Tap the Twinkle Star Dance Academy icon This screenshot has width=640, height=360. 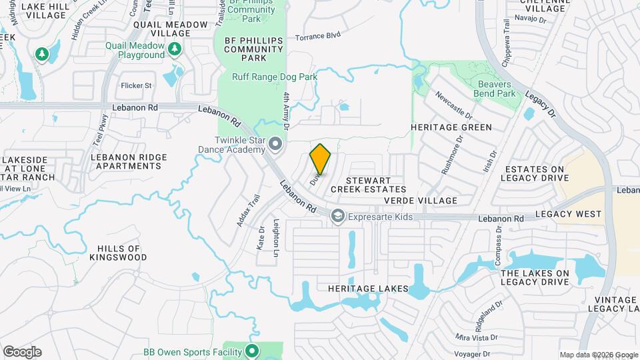point(275,144)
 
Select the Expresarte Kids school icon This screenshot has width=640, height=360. point(338,216)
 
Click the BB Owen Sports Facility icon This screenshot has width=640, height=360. point(251,351)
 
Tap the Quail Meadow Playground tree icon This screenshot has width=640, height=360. point(175,49)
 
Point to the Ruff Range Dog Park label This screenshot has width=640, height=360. point(275,77)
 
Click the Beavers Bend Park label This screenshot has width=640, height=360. point(497,89)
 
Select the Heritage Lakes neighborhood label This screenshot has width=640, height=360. point(367,288)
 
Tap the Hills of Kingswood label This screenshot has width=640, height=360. point(117,253)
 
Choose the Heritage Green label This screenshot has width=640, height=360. point(451,127)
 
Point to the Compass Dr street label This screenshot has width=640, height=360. point(497,246)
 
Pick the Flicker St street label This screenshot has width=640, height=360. point(136,85)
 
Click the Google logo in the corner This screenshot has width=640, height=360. point(22,352)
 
